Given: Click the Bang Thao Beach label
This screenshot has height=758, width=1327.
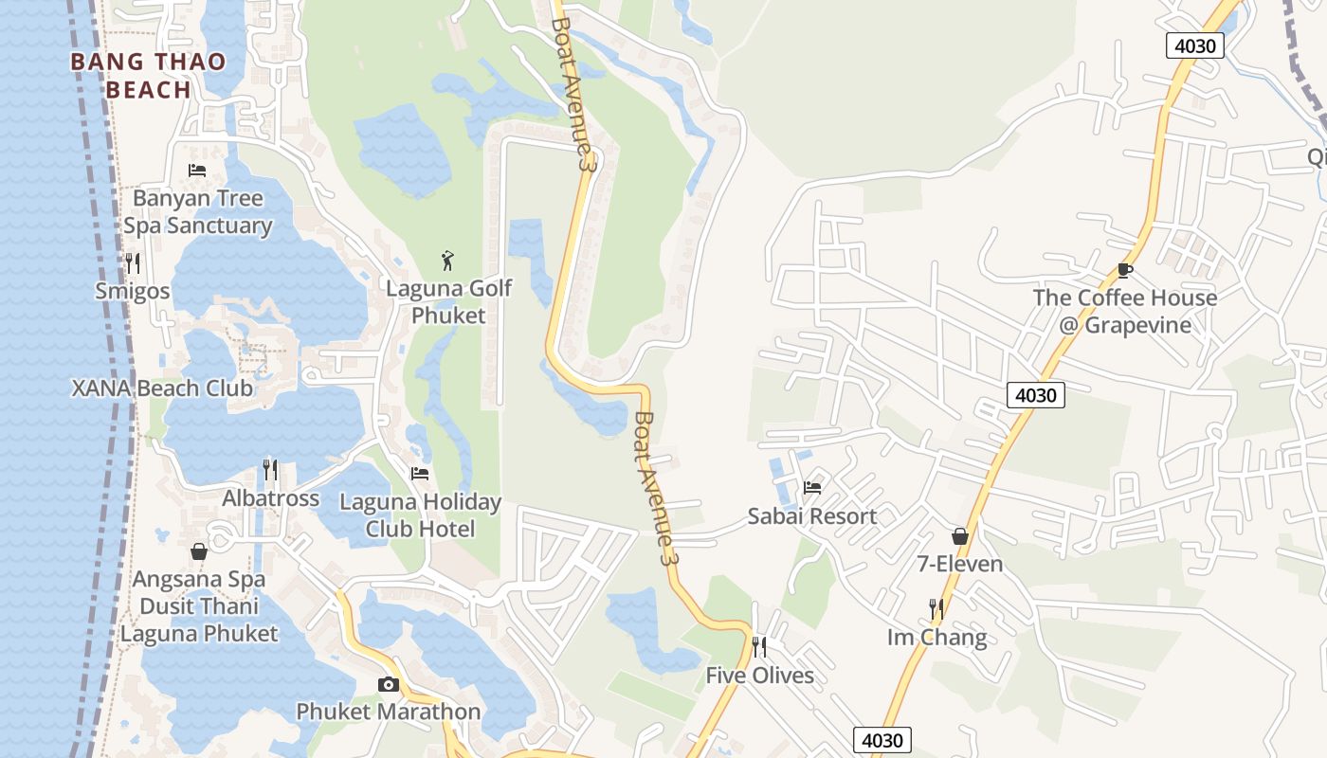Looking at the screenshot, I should [148, 76].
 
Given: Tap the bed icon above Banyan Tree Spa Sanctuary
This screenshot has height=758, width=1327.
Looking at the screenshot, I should [197, 171].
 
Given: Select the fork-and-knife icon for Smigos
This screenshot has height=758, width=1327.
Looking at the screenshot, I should [133, 262].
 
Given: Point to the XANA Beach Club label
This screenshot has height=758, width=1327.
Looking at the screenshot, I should [162, 388].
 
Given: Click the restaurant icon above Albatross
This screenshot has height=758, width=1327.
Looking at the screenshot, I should [270, 469].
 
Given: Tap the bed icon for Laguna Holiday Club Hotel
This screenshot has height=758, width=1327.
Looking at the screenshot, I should [420, 473].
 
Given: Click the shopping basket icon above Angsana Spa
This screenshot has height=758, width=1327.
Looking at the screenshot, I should [199, 550].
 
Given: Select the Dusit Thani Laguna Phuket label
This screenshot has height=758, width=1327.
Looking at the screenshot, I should [199, 621].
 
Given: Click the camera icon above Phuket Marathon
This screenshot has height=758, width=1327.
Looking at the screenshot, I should [388, 684].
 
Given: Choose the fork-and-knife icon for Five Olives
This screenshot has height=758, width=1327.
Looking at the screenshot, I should [759, 646].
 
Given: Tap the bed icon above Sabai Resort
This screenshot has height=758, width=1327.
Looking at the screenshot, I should [812, 488].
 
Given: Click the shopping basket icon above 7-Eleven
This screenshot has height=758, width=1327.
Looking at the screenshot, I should [960, 536].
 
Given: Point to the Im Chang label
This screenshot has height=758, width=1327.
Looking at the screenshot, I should [936, 637].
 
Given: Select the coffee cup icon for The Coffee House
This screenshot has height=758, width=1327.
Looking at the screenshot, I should [1125, 269].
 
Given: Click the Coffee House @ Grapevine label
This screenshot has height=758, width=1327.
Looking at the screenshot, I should [1125, 312].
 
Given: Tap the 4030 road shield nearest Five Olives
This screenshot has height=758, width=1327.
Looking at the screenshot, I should [882, 740].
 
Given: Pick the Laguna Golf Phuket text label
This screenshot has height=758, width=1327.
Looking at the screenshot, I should [448, 301].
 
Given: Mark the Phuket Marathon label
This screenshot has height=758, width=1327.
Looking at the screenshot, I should [388, 711].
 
